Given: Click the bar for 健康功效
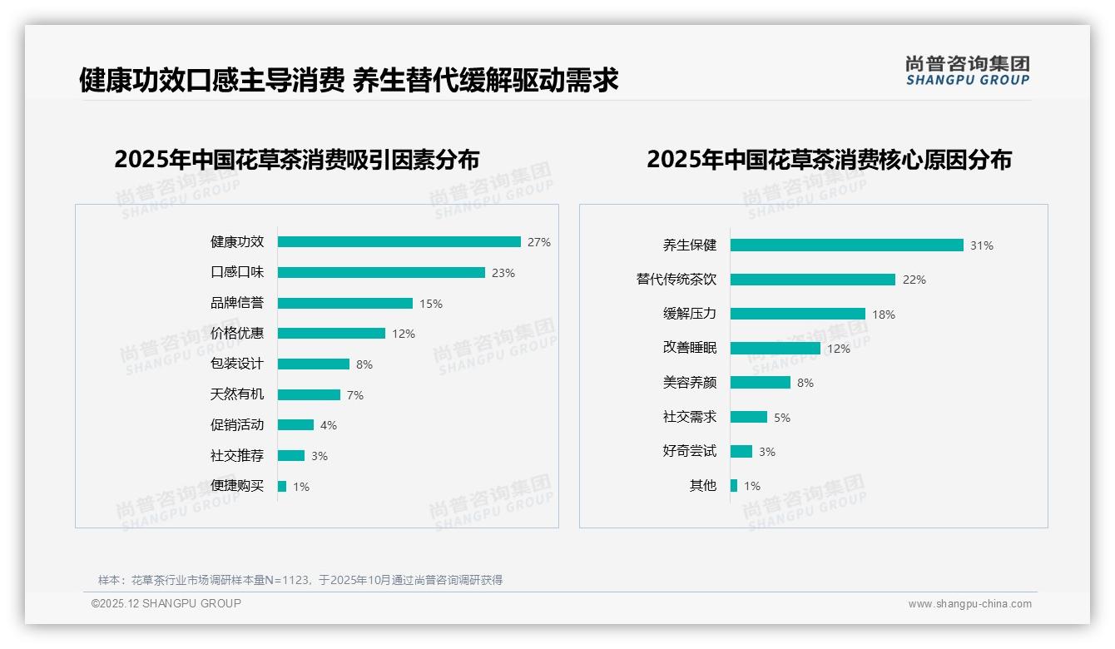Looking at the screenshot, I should [x=399, y=242].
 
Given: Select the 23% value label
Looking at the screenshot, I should [x=503, y=273].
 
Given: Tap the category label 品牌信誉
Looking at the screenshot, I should [x=236, y=304].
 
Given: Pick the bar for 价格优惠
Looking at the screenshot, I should [x=331, y=334].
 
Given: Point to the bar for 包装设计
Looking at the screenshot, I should [x=313, y=364].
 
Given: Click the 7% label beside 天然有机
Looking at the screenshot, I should [x=355, y=395].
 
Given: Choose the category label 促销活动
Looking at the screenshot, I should [x=236, y=425].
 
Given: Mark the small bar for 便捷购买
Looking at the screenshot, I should [x=282, y=486].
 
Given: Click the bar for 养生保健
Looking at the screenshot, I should [x=846, y=245].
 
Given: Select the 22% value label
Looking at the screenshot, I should [x=914, y=280].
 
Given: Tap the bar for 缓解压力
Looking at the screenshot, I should [x=797, y=314].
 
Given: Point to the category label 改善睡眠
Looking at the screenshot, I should [x=689, y=349].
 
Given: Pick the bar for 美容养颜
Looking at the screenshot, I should [x=760, y=383].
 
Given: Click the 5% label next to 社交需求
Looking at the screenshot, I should [x=781, y=418].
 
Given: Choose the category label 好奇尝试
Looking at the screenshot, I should [x=689, y=452].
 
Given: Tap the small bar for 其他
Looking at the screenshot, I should [x=734, y=486].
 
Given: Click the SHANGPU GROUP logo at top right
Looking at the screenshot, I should [x=967, y=71].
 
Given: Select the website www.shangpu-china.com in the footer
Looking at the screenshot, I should [x=969, y=604].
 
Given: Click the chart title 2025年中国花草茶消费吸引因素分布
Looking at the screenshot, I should [x=297, y=160].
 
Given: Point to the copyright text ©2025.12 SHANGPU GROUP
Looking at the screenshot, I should [x=166, y=604].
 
